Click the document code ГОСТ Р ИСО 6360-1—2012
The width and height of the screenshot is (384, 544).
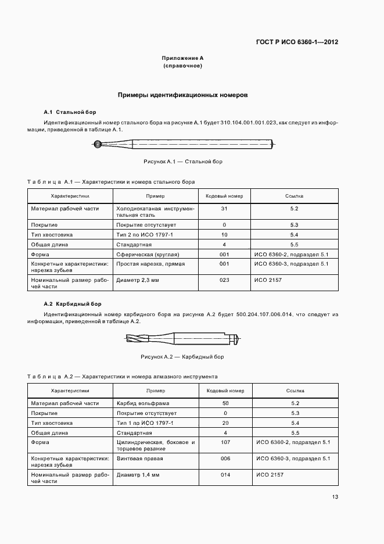(297, 42)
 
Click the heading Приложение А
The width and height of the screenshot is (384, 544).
(182, 59)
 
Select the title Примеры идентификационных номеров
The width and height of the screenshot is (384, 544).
(182, 94)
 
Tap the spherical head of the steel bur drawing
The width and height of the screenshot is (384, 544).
(98, 145)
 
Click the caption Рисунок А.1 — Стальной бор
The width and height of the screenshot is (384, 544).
(182, 161)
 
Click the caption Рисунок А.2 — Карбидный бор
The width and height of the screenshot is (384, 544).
(182, 356)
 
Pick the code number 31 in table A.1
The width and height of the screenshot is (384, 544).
(224, 208)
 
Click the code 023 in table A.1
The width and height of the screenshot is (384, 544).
(224, 280)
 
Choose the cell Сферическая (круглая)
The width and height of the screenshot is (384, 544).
(148, 255)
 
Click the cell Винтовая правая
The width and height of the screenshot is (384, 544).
(139, 459)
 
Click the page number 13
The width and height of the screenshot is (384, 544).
(335, 496)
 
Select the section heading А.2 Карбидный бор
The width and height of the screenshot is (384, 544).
(73, 304)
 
